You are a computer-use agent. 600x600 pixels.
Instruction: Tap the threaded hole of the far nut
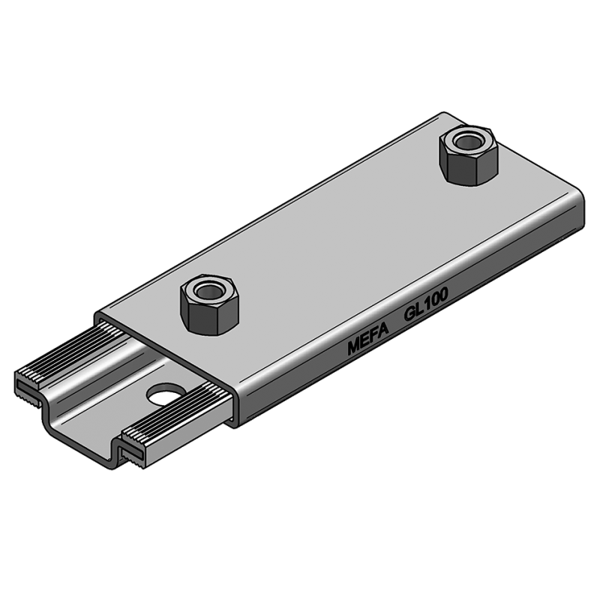pos(468,140)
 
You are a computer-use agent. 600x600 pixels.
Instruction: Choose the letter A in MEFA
pos(382,334)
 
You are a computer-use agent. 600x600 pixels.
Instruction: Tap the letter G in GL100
pos(409,316)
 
